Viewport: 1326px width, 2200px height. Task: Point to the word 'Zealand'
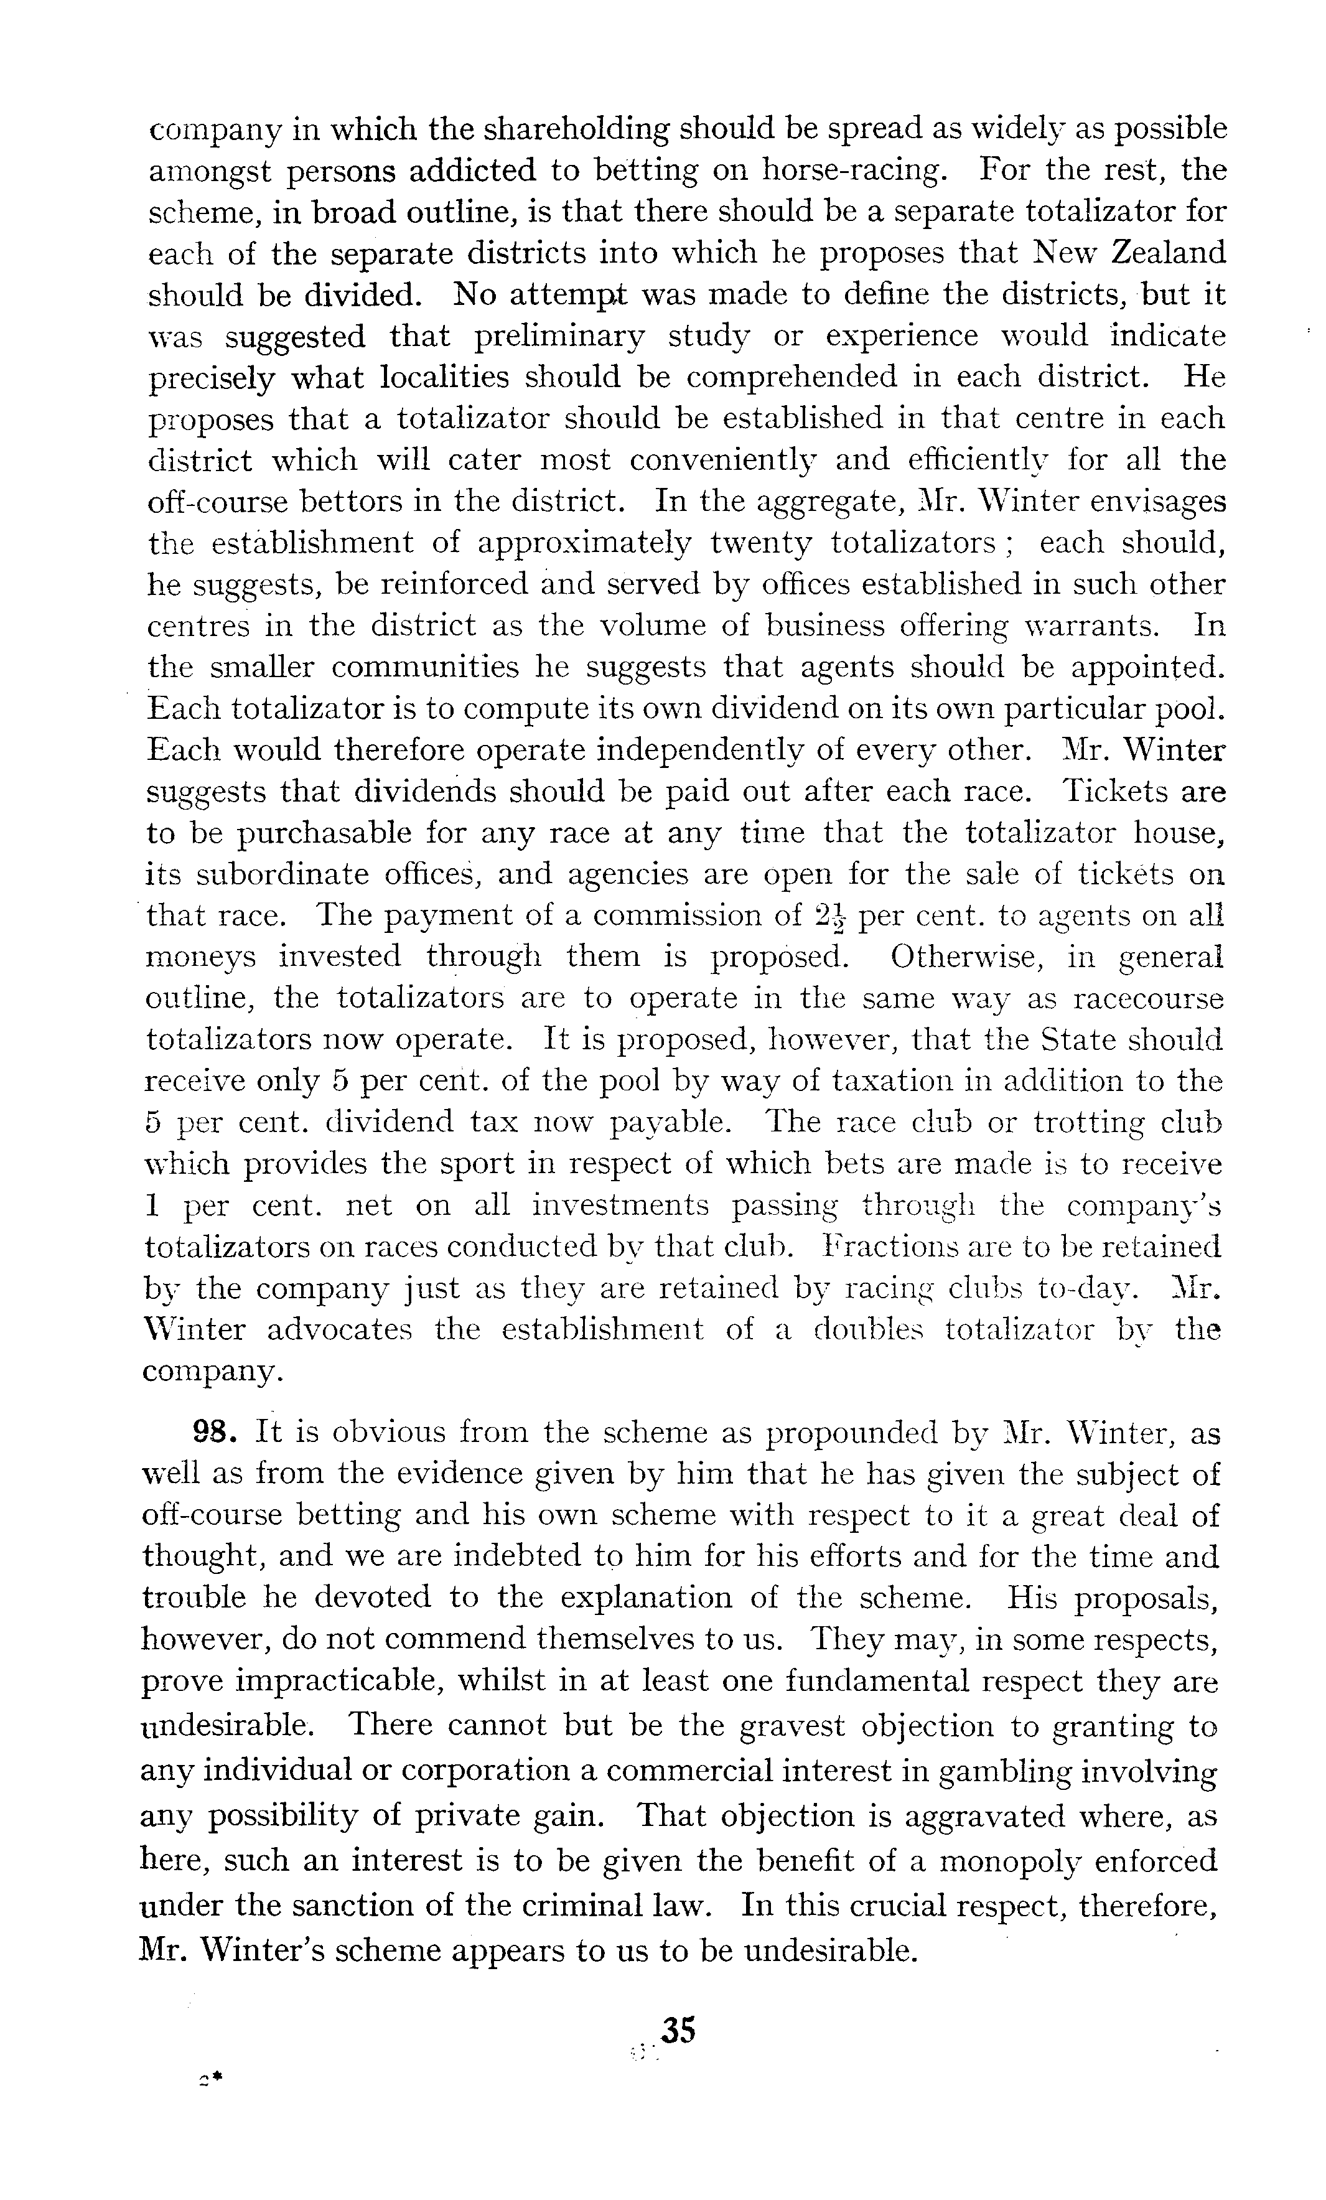click(x=1168, y=253)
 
